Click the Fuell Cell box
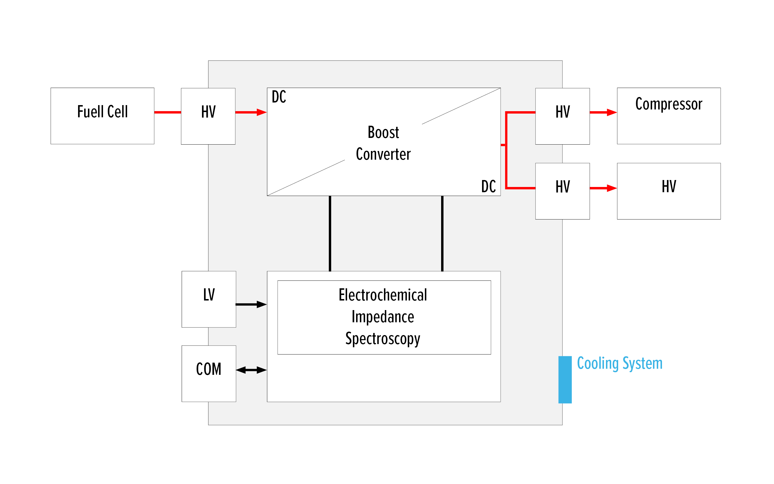pyautogui.click(x=102, y=116)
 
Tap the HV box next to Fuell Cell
pyautogui.click(x=208, y=116)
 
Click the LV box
pyautogui.click(x=209, y=299)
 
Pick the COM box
pyautogui.click(x=209, y=373)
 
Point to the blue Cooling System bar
pyautogui.click(x=565, y=380)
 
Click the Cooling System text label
pyautogui.click(x=619, y=364)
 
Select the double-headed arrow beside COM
pyautogui.click(x=251, y=370)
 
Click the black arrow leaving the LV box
pyautogui.click(x=251, y=304)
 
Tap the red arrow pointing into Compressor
pyautogui.click(x=603, y=112)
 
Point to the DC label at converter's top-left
pyautogui.click(x=279, y=97)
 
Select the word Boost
pyautogui.click(x=383, y=132)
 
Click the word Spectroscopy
pyautogui.click(x=383, y=339)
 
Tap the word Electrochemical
pyautogui.click(x=383, y=295)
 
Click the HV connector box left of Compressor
pyautogui.click(x=562, y=116)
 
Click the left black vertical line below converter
pyautogui.click(x=330, y=233)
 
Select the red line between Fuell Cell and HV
pyautogui.click(x=167, y=112)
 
